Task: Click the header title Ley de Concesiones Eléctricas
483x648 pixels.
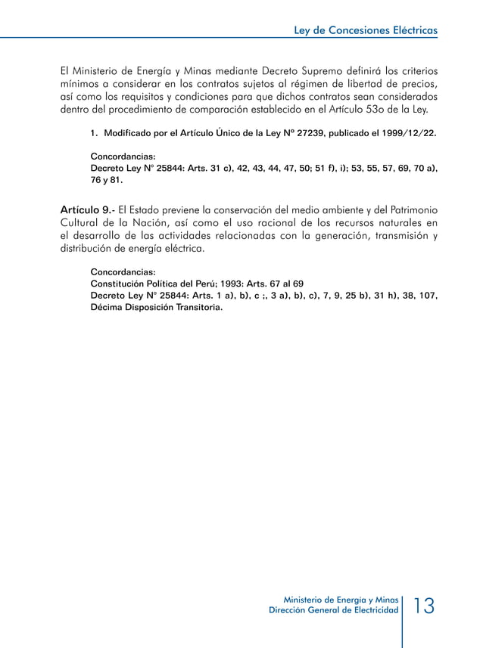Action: click(x=365, y=31)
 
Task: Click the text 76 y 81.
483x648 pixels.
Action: click(x=107, y=181)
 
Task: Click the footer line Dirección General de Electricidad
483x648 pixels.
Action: click(x=334, y=610)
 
